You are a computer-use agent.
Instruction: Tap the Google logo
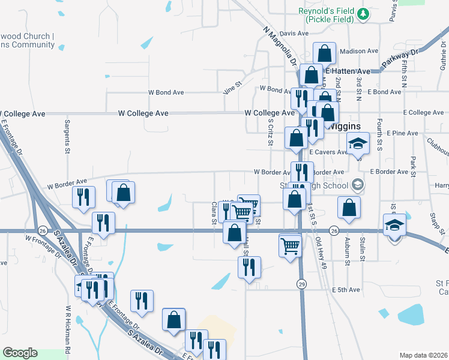point(20,353)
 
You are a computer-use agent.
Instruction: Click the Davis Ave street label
point(294,34)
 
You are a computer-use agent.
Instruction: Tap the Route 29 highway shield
point(302,283)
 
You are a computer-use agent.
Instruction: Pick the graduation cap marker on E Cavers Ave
point(358,144)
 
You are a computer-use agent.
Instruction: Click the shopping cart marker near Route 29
point(290,245)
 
